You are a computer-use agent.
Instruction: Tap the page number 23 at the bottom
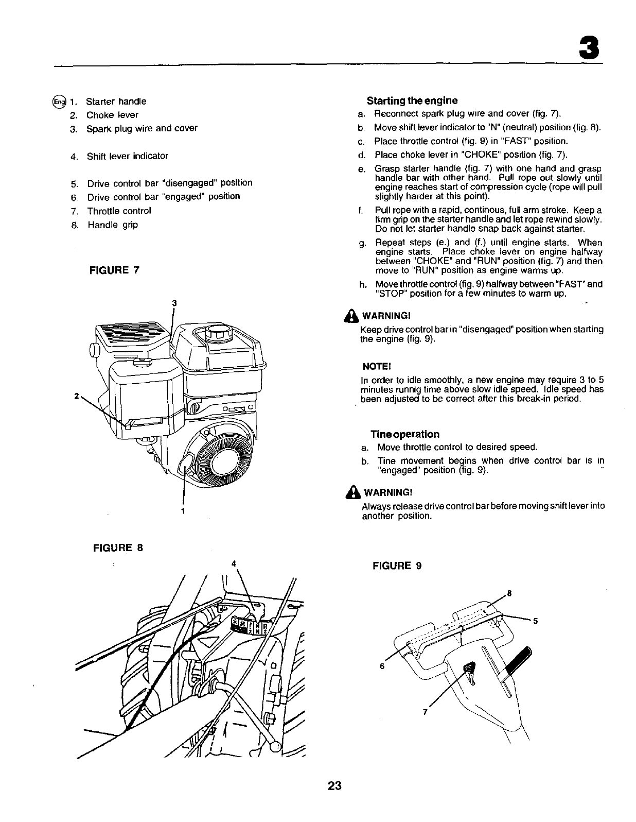tap(334, 786)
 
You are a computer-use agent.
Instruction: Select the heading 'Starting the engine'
tap(412, 100)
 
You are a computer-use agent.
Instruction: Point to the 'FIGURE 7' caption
tap(114, 270)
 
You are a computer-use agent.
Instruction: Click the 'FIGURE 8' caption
tap(117, 547)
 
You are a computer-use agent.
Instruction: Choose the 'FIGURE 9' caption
tap(397, 566)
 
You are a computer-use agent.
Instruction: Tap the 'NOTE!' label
tap(377, 366)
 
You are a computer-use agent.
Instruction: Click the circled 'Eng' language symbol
tap(59, 101)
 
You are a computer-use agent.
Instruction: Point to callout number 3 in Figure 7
tap(174, 303)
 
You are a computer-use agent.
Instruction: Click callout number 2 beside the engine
tap(76, 396)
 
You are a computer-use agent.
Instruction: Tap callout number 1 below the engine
tap(183, 510)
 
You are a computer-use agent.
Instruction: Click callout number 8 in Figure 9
tap(509, 593)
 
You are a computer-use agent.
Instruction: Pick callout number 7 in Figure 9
tap(425, 712)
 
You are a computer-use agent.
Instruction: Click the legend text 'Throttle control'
tap(119, 211)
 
